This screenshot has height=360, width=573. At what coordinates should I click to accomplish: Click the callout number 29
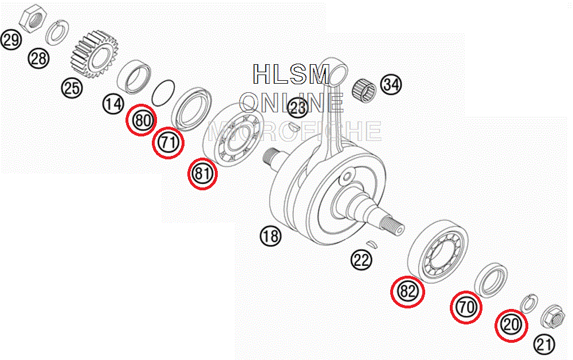click(10, 40)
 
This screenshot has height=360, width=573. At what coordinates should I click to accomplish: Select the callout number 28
click(39, 58)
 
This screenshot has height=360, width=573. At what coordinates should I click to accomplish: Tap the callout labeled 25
click(73, 88)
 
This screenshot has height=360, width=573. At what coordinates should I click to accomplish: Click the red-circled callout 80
click(142, 120)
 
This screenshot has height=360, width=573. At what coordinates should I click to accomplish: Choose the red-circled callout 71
click(168, 143)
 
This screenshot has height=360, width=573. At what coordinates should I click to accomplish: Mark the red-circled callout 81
click(203, 174)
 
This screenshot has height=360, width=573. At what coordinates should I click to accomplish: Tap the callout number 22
click(361, 261)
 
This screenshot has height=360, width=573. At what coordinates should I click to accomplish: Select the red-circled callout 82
click(407, 291)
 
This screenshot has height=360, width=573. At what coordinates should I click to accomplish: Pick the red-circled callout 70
click(466, 307)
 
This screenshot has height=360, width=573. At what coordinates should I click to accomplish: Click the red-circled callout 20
click(511, 325)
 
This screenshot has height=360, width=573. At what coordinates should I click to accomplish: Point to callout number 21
click(544, 344)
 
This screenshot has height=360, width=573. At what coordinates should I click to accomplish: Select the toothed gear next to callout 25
click(94, 55)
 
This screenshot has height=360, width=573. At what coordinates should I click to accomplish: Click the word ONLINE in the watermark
click(292, 103)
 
